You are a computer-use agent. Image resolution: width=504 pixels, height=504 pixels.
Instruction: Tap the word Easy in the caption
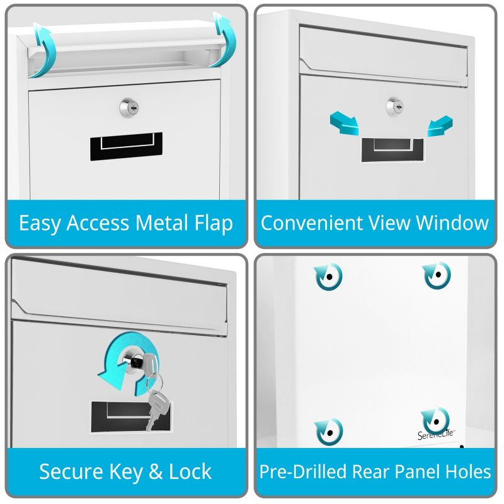click(x=40, y=223)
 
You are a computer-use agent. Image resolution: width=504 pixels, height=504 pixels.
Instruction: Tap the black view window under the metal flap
click(x=126, y=146)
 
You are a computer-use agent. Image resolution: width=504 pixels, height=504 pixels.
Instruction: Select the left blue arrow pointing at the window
click(x=345, y=123)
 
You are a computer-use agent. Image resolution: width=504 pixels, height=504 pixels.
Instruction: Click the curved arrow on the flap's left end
click(x=43, y=49)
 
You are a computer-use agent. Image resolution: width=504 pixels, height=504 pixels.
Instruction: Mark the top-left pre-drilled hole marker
click(x=328, y=276)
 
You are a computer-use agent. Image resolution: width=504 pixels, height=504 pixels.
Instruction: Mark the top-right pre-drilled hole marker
click(x=437, y=275)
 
